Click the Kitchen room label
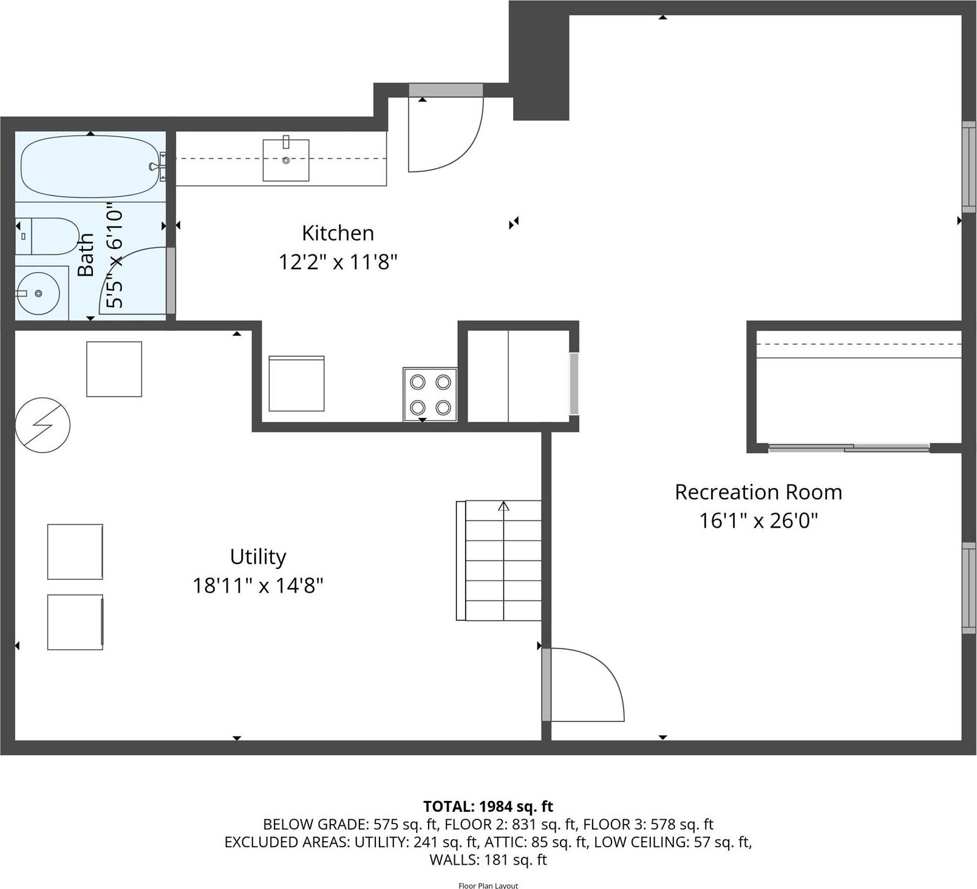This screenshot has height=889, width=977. click(x=338, y=233)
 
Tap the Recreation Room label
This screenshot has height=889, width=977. click(x=758, y=492)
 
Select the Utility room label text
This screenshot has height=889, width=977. click(x=257, y=557)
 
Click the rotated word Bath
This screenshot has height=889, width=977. click(x=86, y=254)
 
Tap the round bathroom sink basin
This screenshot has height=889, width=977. click(x=38, y=293)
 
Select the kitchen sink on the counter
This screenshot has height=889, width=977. click(x=285, y=160)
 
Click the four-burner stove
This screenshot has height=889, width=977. click(x=430, y=394)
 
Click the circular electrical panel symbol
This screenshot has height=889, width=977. click(x=43, y=425)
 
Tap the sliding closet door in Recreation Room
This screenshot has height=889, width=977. click(x=849, y=448)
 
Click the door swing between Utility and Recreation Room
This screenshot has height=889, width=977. click(x=586, y=684)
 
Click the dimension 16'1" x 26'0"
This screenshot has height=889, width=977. click(x=758, y=521)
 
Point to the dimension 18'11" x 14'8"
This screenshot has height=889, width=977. click(x=257, y=586)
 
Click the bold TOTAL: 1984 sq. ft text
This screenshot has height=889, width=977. click(x=488, y=806)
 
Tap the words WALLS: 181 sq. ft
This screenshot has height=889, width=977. click(x=488, y=860)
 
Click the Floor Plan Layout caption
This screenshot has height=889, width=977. click(x=488, y=885)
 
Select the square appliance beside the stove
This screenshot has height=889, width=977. click(x=296, y=384)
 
